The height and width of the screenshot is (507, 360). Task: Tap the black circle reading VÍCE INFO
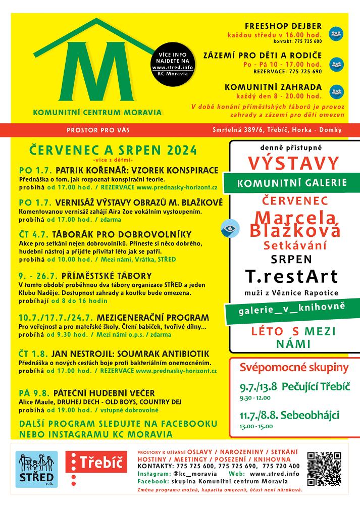[x=172, y=63]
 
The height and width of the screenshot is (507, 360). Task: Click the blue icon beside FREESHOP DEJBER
[x=336, y=34]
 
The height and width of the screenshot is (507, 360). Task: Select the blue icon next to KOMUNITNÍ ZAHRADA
[x=336, y=91]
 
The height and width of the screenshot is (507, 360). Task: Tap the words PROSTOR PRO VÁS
[x=98, y=130]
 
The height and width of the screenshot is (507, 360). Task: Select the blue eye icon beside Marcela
[x=230, y=228]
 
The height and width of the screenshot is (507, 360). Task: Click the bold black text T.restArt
[x=291, y=276]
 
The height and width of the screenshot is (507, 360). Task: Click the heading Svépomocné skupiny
[x=294, y=367]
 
